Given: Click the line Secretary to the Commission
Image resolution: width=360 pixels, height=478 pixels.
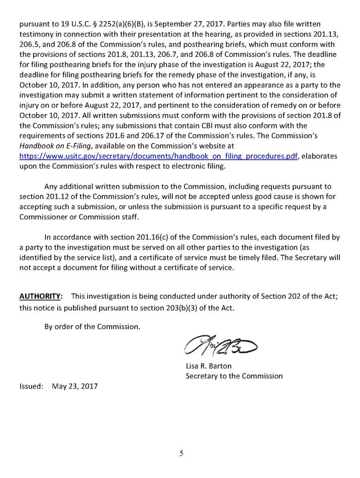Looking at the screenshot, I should point(234,376).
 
